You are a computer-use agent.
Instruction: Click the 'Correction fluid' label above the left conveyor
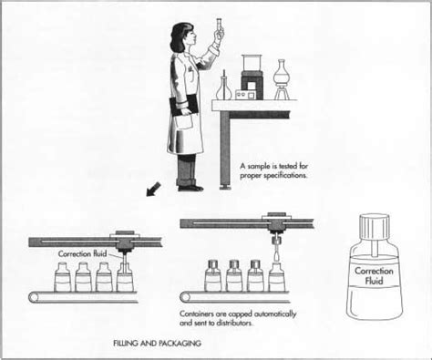click(x=83, y=253)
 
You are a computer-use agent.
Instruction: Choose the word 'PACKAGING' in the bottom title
click(x=175, y=344)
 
